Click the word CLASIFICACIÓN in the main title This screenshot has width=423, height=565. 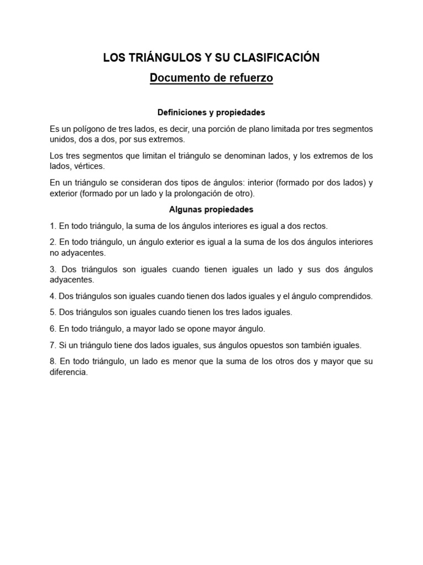pyautogui.click(x=280, y=57)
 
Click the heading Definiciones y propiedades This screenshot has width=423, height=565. pyautogui.click(x=211, y=112)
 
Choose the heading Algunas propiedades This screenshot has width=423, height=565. pyautogui.click(x=211, y=210)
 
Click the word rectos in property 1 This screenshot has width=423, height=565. pyautogui.click(x=315, y=226)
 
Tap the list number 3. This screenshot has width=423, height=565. pyautogui.click(x=52, y=269)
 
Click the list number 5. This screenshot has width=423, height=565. pyautogui.click(x=52, y=312)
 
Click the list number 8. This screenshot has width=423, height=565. pyautogui.click(x=52, y=361)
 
